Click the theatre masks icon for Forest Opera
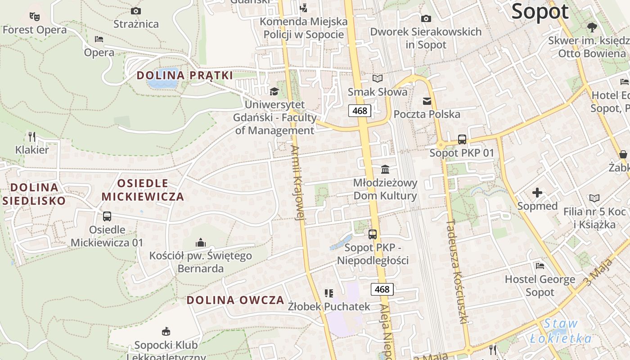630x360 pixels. click(34, 17)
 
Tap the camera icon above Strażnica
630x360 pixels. click(135, 11)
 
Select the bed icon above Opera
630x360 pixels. click(99, 39)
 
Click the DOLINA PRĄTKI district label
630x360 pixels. click(184, 75)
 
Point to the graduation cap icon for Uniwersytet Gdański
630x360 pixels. click(274, 92)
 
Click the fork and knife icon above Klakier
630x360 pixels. click(32, 136)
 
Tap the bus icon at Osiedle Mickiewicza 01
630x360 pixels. click(107, 216)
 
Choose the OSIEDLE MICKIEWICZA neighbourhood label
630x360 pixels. click(143, 190)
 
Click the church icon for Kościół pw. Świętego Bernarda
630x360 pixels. click(201, 243)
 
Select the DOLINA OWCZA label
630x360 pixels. click(235, 300)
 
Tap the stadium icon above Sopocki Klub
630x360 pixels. click(166, 332)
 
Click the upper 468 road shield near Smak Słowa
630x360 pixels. click(360, 111)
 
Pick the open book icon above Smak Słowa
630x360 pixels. click(378, 79)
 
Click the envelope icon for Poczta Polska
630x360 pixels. click(427, 101)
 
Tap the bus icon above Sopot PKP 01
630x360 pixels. click(462, 139)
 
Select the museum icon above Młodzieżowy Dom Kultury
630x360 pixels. click(385, 170)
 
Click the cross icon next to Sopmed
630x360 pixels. click(537, 193)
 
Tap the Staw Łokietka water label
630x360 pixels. click(561, 331)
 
